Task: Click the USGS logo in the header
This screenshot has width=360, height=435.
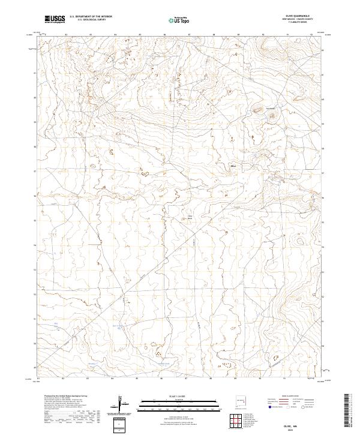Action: point(55,19)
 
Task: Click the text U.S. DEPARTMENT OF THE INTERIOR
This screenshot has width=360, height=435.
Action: point(91,17)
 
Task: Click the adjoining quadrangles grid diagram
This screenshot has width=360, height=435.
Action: point(236,420)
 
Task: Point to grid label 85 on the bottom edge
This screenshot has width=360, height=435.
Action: point(137,378)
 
